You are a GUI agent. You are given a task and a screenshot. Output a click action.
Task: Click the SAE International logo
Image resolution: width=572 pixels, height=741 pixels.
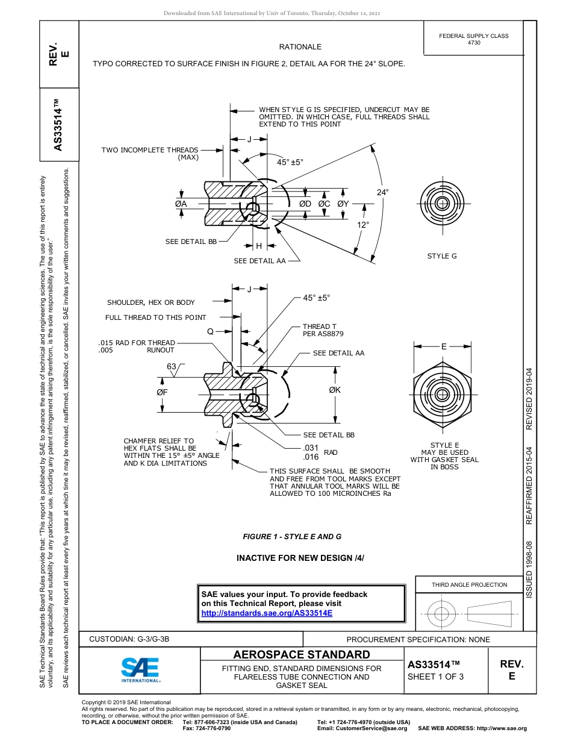[x=140, y=669]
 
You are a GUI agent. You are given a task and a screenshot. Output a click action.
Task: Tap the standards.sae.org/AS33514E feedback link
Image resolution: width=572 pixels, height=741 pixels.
[x=267, y=613]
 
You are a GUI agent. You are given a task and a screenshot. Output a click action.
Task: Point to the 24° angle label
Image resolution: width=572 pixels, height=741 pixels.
[x=382, y=192]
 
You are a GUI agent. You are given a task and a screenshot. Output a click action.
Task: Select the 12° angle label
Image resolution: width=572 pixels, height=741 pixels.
[x=363, y=225]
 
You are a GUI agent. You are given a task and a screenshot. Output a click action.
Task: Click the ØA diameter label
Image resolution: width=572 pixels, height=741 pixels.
[x=181, y=204]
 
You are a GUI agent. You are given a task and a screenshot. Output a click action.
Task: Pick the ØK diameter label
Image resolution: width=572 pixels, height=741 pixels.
[x=335, y=390]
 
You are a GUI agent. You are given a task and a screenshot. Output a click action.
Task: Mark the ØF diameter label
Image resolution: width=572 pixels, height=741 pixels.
[x=162, y=392]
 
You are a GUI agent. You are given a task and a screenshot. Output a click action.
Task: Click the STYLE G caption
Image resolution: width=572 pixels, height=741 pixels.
[x=442, y=256]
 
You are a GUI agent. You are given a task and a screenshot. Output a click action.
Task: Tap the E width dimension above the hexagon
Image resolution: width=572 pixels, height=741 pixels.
[x=444, y=346]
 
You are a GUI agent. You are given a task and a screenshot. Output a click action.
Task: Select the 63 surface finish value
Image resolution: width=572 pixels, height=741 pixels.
[x=172, y=366]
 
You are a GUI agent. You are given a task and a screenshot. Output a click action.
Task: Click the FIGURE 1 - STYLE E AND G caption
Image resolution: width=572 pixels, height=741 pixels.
[x=292, y=537]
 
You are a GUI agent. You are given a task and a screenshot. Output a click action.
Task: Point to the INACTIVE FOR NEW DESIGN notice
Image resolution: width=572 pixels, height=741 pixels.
[x=300, y=558]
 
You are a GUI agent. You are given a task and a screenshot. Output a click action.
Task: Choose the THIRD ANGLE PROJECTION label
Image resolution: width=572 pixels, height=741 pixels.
[x=469, y=584]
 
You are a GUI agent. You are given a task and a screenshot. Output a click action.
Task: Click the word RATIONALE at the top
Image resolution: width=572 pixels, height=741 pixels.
[x=300, y=47]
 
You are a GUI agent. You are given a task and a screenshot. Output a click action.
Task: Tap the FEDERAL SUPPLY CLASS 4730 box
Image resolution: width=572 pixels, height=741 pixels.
[x=473, y=39]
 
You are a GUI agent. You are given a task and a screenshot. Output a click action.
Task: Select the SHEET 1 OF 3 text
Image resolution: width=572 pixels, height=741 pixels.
[x=435, y=677]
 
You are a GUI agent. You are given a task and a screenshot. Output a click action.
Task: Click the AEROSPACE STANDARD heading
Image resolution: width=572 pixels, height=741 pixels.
[x=302, y=655]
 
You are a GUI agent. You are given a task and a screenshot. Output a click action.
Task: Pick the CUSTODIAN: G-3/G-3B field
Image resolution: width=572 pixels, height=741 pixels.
[x=129, y=639]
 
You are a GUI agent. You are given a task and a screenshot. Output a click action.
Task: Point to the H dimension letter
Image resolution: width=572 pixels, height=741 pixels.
[x=259, y=246]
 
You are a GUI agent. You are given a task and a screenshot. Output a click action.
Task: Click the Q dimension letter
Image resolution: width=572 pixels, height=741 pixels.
[x=210, y=331]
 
